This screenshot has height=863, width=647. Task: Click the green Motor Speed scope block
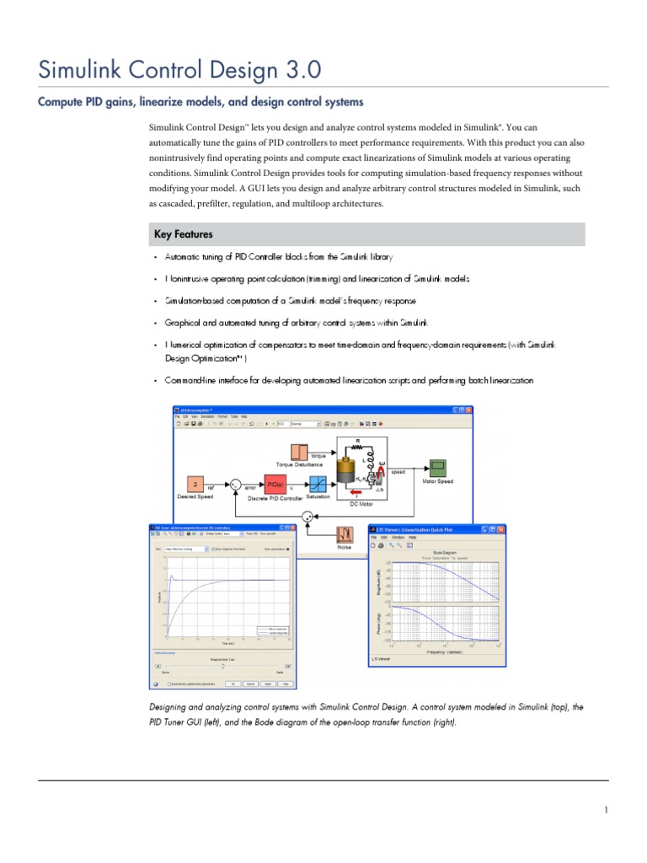(x=438, y=466)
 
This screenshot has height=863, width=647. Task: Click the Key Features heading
(x=183, y=234)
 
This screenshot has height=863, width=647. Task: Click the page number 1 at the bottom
(x=605, y=811)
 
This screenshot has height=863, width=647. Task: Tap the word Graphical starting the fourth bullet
(x=182, y=323)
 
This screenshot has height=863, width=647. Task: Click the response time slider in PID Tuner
(x=222, y=666)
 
